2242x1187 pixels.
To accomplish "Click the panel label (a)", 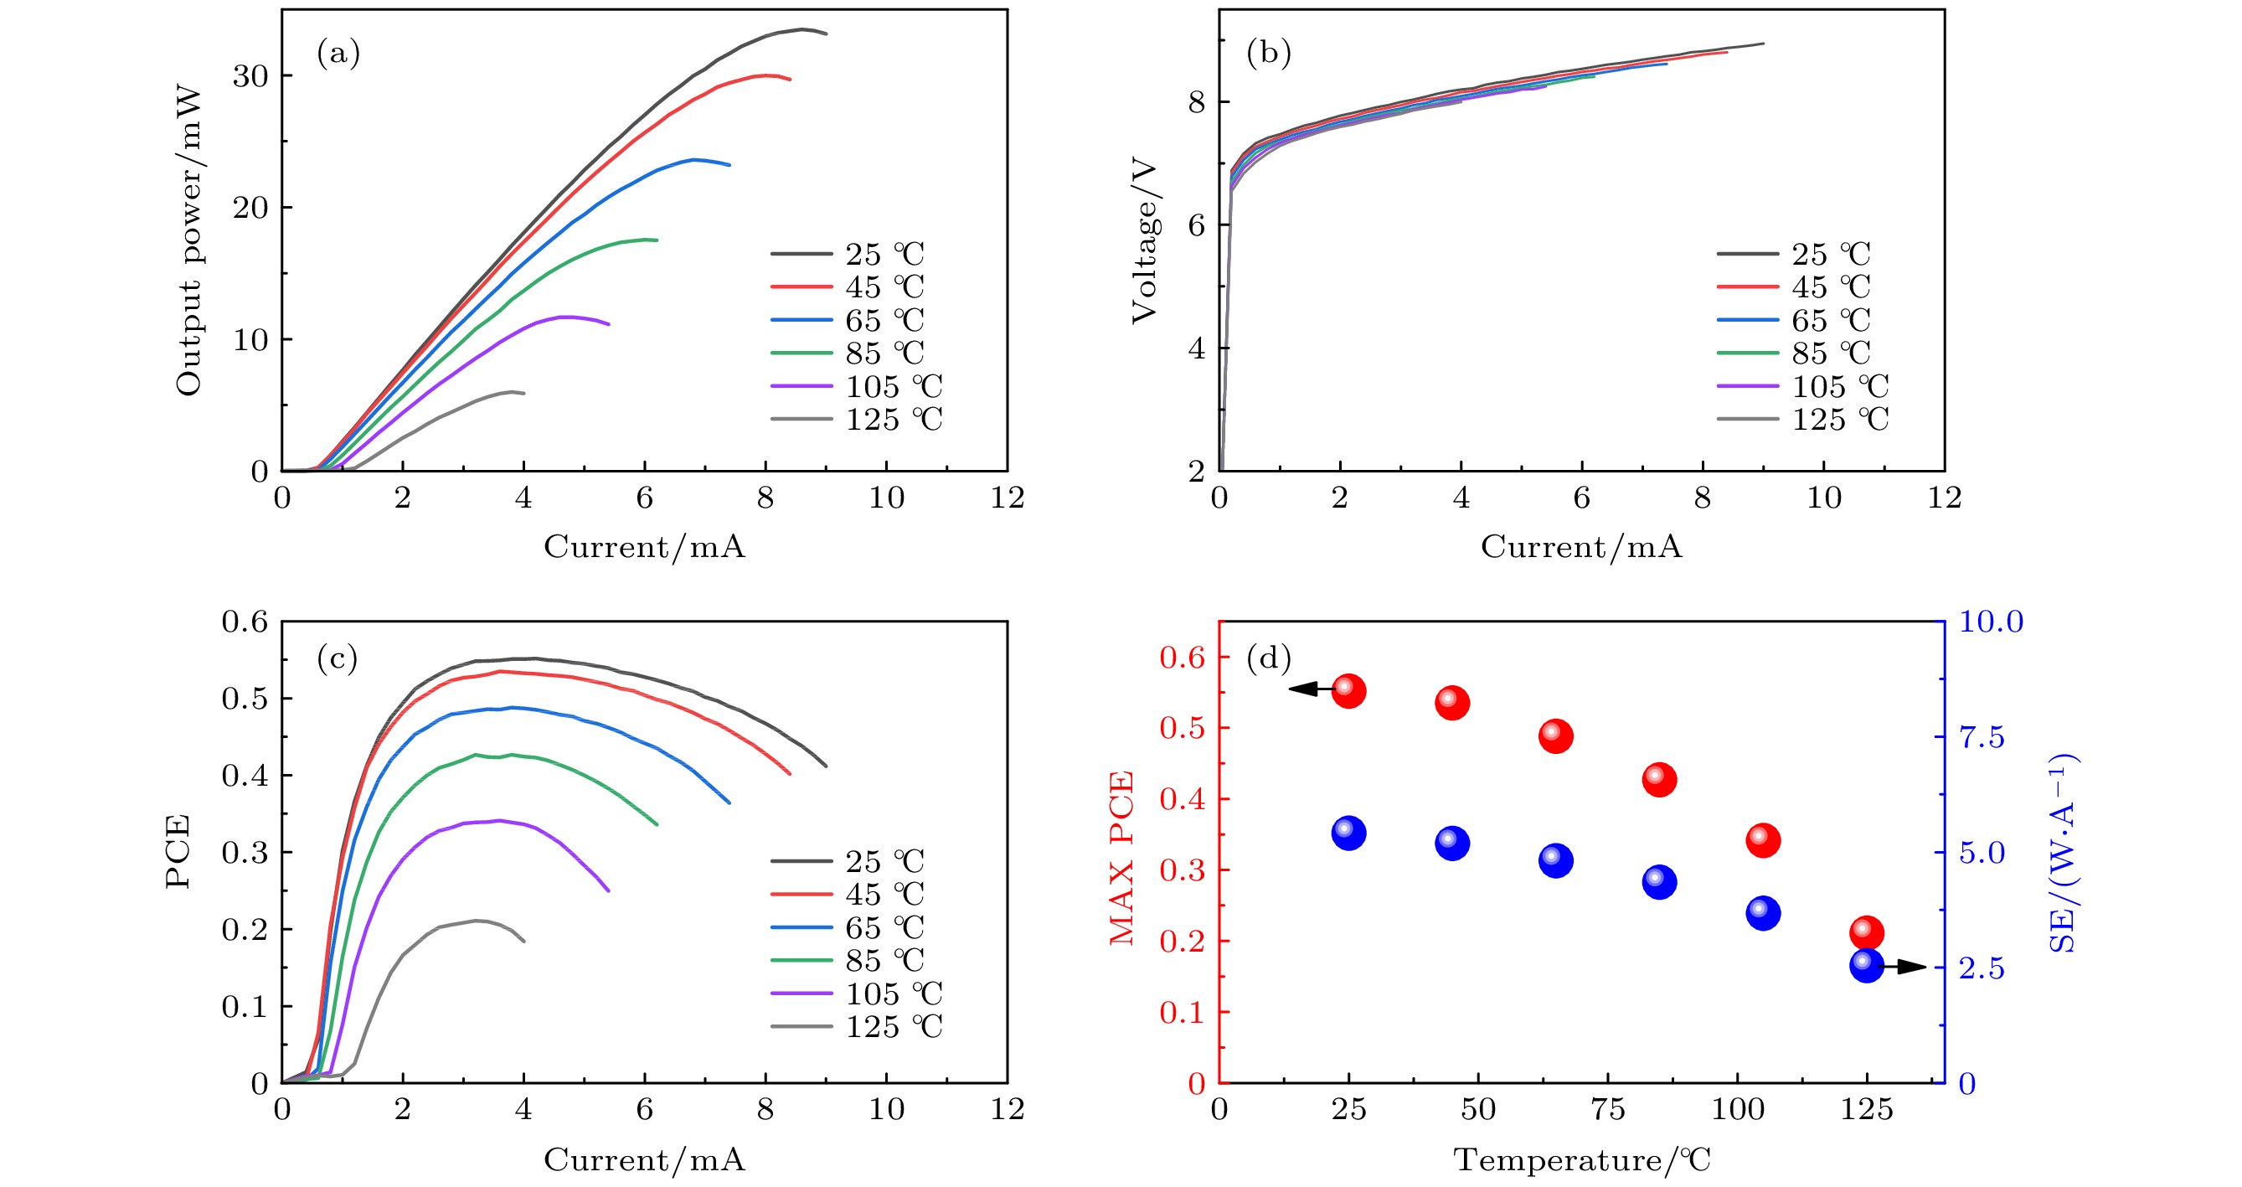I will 338,54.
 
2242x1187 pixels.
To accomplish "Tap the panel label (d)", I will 1268,658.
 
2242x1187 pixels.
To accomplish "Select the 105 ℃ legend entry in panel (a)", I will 857,386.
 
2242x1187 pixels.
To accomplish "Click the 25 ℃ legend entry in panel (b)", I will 1794,254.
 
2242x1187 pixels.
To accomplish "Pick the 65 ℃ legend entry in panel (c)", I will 848,927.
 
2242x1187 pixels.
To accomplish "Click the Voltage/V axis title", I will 1144,240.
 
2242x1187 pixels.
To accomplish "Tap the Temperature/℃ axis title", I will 1581,1160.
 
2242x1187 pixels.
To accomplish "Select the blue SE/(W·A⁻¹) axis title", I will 2062,853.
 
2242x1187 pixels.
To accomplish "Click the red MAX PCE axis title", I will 1122,858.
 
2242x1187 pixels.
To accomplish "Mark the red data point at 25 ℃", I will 1348,691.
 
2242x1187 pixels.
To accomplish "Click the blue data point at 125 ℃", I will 1866,965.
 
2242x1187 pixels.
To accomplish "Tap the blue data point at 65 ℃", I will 1555,859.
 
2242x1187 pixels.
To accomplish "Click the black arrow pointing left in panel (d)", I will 1310,689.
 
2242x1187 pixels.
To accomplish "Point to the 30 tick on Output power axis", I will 250,76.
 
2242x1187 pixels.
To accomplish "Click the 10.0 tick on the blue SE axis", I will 1991,622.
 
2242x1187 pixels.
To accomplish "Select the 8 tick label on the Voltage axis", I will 1196,103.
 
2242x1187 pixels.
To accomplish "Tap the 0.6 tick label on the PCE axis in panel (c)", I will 245,622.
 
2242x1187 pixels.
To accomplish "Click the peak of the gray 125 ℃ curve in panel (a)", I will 512,391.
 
